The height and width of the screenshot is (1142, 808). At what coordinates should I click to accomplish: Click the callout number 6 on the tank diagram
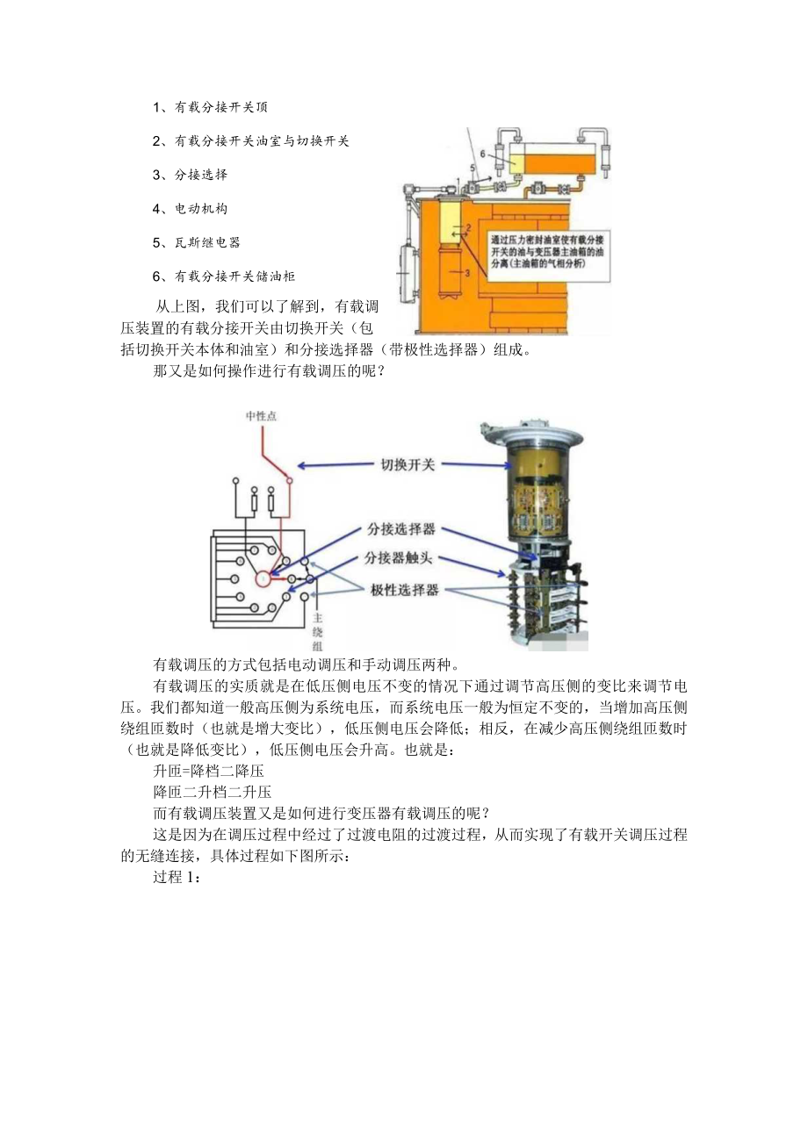coord(482,153)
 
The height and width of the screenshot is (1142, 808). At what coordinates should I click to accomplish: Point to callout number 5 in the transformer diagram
coord(472,168)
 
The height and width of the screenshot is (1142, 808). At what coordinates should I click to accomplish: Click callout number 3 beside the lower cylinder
coord(467,273)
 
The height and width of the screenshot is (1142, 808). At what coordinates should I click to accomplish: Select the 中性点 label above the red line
coord(261,416)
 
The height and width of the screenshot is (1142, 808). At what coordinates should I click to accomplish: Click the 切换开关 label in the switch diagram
coord(408,464)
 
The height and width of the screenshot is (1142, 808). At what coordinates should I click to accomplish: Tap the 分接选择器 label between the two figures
coord(402,530)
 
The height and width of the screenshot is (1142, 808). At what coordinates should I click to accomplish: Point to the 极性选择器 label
coord(403,590)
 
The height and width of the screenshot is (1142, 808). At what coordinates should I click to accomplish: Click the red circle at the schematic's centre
coord(264,578)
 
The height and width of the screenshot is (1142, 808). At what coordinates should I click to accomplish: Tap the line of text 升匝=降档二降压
coord(208,771)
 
